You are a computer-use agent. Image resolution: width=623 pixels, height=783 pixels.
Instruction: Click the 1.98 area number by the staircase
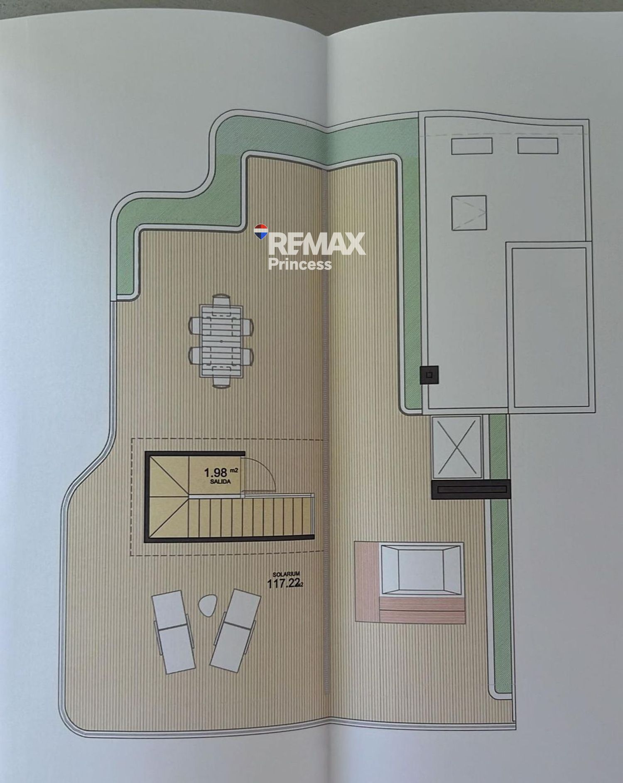point(215,472)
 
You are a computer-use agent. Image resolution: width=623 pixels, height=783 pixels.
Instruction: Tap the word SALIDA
point(220,482)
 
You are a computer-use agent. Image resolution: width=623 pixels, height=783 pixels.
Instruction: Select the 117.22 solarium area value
point(283,583)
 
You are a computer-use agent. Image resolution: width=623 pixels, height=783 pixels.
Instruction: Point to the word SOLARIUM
point(286,574)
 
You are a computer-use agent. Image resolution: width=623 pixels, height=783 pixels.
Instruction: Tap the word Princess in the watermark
point(300,264)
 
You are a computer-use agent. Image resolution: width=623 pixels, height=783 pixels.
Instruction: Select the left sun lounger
point(173,631)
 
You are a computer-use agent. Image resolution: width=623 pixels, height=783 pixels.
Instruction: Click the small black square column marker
point(429,375)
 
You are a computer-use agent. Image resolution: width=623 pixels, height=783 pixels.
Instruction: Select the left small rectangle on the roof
point(472,146)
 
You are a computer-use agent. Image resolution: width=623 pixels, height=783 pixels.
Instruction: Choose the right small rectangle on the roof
point(537,146)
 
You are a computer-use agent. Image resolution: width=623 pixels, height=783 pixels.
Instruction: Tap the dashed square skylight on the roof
point(469,213)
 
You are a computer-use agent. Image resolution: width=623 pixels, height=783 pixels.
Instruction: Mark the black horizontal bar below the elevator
point(471,489)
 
